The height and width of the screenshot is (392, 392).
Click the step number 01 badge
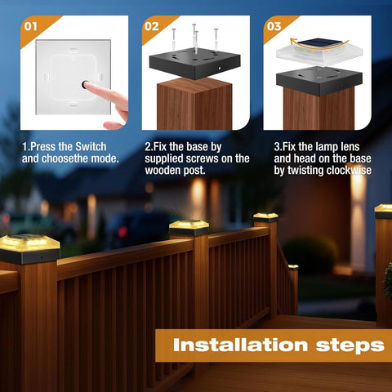point(30,26)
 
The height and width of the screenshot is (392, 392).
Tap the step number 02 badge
point(152,26)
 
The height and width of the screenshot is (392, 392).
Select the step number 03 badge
point(274,26)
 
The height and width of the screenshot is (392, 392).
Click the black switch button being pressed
point(85,85)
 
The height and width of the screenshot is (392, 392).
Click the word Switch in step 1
point(91,147)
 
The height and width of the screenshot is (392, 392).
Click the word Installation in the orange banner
point(240,345)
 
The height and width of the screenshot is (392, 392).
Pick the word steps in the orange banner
point(350,345)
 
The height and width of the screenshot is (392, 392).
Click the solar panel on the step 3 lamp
point(319,42)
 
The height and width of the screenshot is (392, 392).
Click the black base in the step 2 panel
point(195,63)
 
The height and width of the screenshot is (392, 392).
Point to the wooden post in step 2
point(194,104)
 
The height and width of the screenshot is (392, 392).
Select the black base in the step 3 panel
point(319,81)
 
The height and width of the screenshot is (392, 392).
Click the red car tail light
point(122,232)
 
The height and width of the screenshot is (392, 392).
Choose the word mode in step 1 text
point(105,158)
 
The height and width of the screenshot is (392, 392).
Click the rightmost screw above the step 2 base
point(216,40)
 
